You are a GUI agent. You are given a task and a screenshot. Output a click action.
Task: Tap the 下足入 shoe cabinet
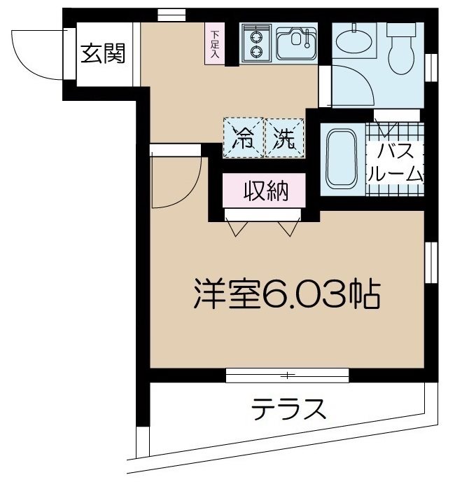(214, 44)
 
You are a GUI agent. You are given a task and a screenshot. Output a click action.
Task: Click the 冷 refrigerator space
(243, 137)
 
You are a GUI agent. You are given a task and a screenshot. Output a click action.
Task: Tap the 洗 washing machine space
(284, 137)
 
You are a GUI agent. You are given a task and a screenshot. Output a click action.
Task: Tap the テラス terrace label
(289, 408)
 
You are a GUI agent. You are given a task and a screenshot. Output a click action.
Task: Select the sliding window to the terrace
(287, 376)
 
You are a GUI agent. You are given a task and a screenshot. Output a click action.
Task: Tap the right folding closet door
(289, 228)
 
